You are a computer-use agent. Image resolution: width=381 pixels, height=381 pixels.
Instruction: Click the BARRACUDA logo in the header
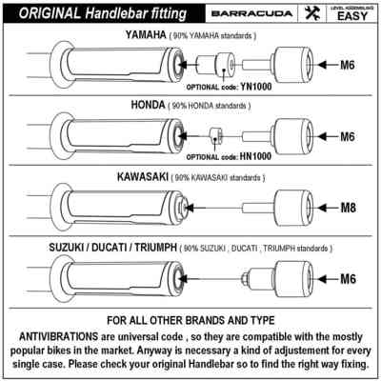coord(251,13)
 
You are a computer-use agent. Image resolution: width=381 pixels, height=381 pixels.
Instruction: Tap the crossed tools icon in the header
coord(312,13)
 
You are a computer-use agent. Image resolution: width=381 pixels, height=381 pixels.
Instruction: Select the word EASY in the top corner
coord(352,16)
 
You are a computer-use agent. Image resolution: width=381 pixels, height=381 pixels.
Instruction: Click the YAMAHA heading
coord(146,34)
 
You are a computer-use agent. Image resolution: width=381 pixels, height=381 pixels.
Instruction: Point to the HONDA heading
coord(148,105)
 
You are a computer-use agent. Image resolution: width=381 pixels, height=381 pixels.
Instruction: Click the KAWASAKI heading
coord(143,177)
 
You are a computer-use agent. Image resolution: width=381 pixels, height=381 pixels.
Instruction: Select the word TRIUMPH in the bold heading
coord(155,248)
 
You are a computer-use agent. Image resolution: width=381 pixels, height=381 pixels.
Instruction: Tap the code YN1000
coord(255,86)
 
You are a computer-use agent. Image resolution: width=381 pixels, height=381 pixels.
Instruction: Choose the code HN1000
coord(255,156)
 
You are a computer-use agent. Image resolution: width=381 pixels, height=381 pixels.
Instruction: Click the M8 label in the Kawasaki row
coord(349,208)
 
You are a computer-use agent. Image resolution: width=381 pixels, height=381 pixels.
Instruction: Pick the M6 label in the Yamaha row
coord(348,65)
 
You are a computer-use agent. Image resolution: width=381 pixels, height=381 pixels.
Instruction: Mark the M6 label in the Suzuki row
coord(348,279)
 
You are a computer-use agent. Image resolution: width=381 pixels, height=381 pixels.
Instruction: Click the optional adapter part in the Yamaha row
coord(216,65)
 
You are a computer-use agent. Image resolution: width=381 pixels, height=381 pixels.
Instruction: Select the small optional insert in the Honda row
coord(215,136)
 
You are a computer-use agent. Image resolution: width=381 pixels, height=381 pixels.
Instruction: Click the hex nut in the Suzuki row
coord(245,279)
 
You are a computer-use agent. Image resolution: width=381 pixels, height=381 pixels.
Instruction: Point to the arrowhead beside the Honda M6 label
coord(322,136)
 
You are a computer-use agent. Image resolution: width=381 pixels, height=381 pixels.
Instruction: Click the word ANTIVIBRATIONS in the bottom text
coord(59,336)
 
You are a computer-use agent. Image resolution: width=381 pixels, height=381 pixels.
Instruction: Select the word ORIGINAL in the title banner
coord(50,13)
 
